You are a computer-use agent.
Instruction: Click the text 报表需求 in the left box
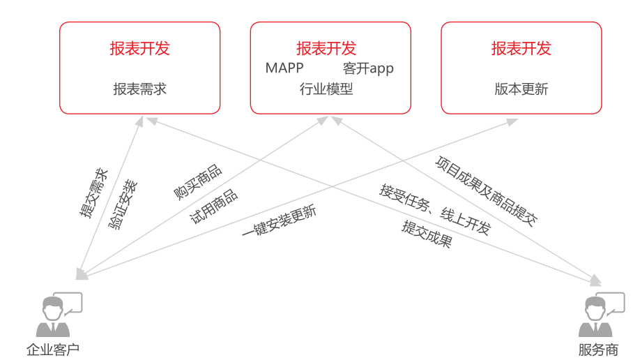139,89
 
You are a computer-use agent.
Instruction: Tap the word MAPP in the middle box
284,68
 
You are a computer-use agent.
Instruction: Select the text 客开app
368,68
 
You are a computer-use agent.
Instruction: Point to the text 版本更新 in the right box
521,89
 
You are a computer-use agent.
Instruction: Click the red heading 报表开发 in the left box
139,48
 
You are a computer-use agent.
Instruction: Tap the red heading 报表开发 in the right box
521,48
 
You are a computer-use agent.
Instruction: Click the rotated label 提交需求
93,193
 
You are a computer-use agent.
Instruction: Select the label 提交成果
427,234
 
